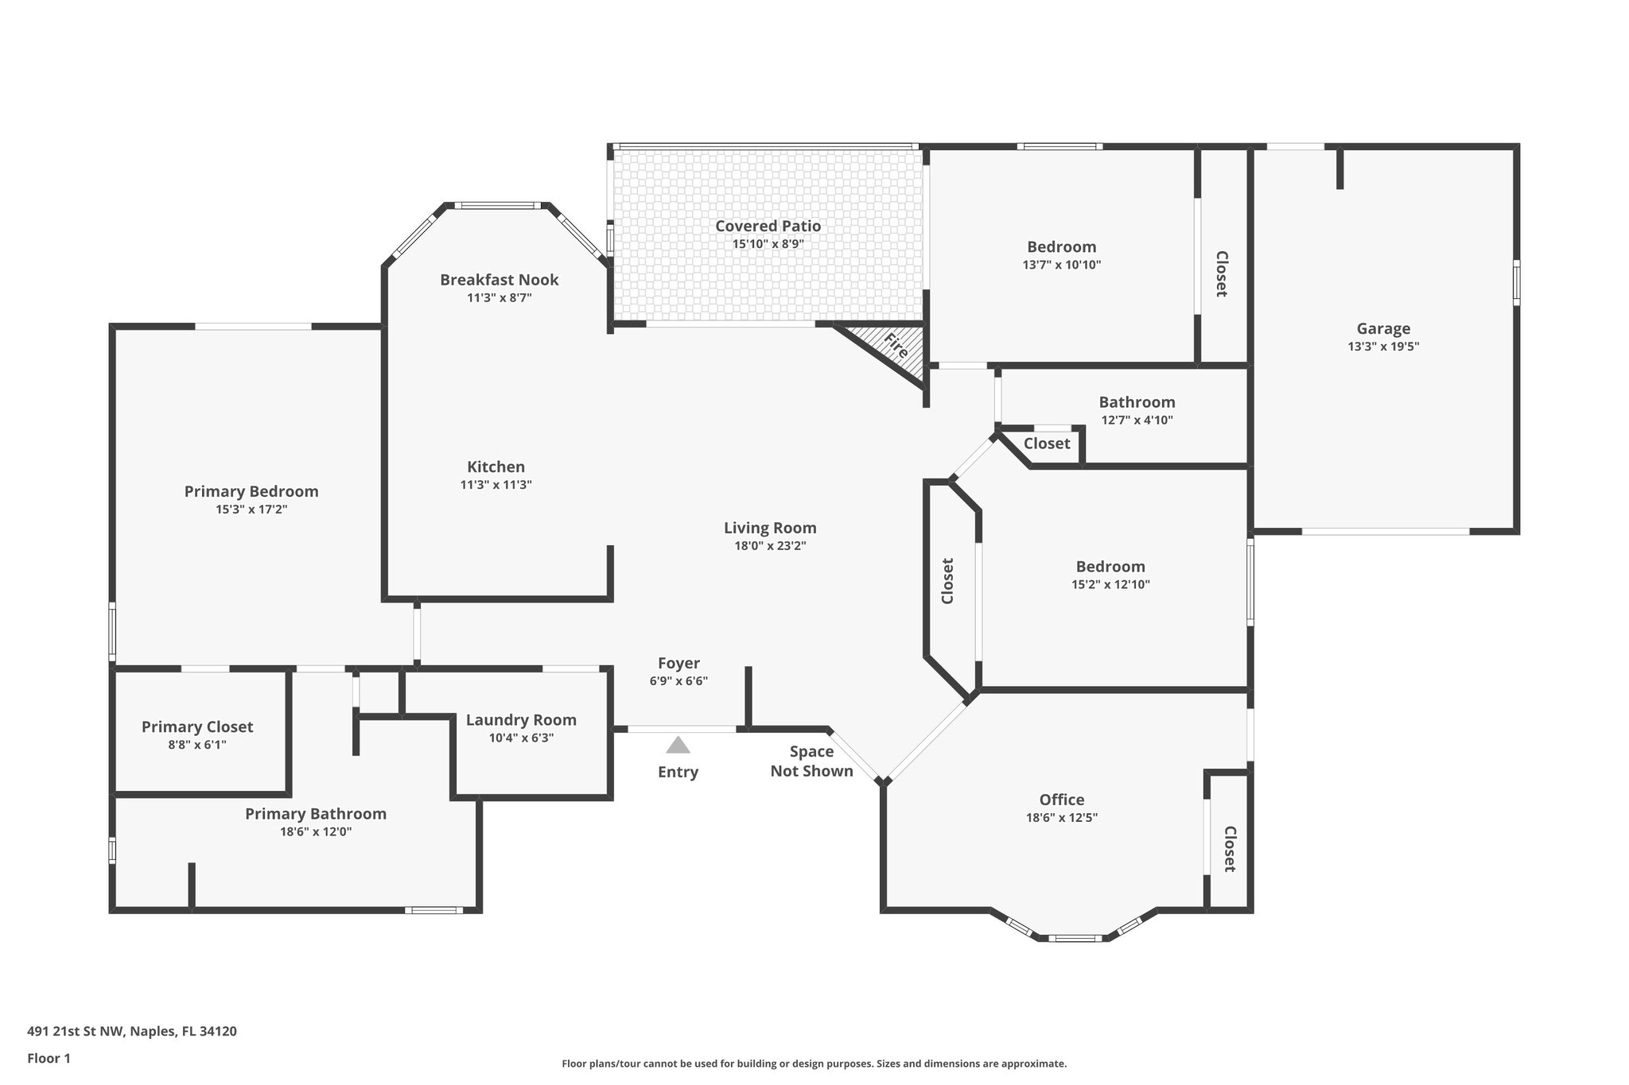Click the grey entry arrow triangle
[x=678, y=746]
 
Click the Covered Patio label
[x=768, y=226]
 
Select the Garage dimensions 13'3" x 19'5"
[x=1383, y=347]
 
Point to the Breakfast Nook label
[x=499, y=280]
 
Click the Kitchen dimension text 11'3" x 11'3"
[x=496, y=485]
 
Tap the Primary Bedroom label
[x=251, y=491]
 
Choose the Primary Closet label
[x=197, y=727]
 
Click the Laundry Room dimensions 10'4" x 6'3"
[x=521, y=738]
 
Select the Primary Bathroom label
[x=315, y=814]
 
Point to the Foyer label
[x=678, y=663]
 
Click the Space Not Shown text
[x=811, y=761]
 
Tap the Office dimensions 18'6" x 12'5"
[x=1062, y=817]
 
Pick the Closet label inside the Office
[x=1229, y=849]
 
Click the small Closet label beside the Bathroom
[x=1046, y=444]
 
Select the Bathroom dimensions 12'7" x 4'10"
[x=1137, y=420]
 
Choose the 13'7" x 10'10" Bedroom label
[x=1061, y=247]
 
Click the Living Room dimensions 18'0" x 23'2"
[x=770, y=546]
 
